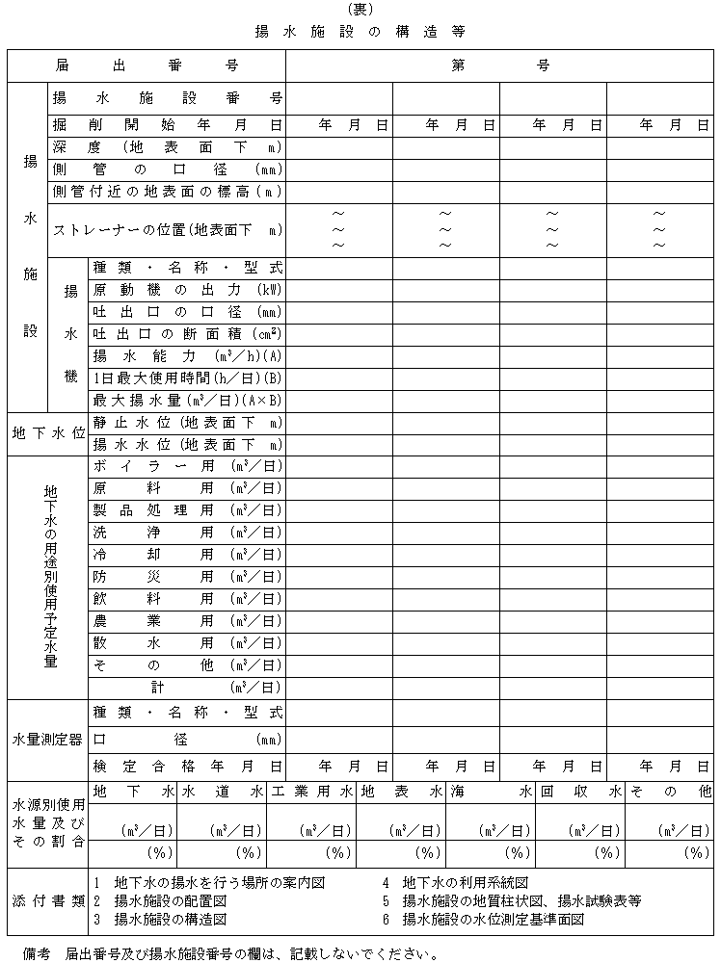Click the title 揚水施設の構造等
[360, 31]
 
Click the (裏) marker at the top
[360, 10]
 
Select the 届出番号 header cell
[147, 65]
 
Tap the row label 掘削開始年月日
[167, 124]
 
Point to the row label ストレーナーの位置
[167, 229]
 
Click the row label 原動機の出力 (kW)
[187, 290]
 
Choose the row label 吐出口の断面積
[187, 334]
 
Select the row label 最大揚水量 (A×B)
[187, 400]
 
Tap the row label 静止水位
[187, 422]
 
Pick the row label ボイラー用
[187, 466]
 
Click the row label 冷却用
[187, 555]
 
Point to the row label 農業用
[187, 621]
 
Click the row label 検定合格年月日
[187, 767]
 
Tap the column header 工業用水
[311, 792]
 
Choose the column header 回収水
[580, 792]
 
